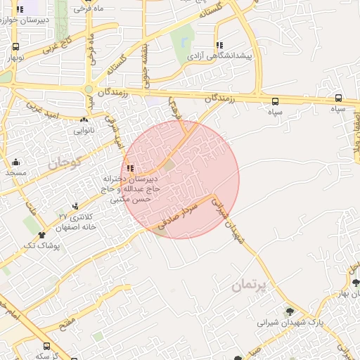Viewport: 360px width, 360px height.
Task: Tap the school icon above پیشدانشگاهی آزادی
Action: click(219, 44)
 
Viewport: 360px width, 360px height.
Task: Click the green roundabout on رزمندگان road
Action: click(89, 89)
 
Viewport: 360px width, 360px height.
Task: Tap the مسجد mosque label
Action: click(16, 172)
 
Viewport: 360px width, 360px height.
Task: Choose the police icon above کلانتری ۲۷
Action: click(75, 206)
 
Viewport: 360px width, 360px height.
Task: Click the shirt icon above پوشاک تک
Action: click(41, 235)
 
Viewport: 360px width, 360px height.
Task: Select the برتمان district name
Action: click(250, 285)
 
